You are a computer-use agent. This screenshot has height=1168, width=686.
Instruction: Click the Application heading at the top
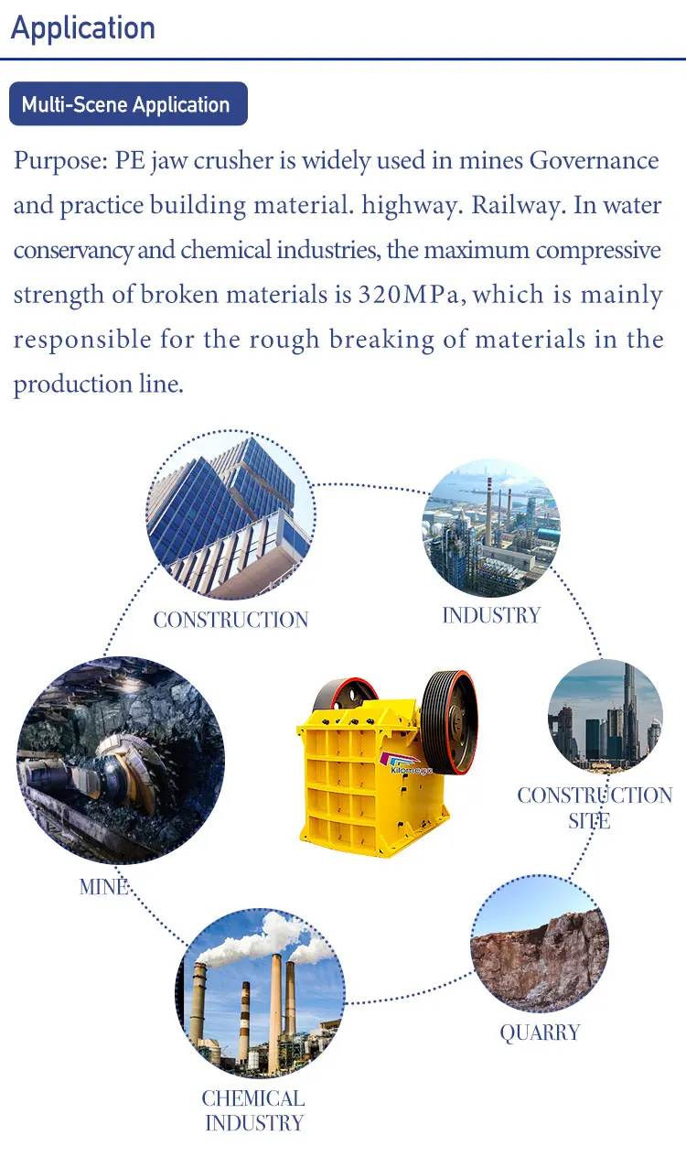83,28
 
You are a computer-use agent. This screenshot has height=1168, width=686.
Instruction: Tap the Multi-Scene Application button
128,103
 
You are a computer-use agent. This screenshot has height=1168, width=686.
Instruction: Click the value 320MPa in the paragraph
408,295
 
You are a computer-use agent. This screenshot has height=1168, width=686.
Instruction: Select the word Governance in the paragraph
595,160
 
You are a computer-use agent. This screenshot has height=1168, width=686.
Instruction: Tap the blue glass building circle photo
230,514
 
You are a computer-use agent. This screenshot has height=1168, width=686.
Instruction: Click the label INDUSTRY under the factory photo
491,616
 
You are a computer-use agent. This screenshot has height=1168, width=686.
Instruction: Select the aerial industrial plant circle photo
491,527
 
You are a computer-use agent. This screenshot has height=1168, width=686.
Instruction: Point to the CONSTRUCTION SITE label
595,808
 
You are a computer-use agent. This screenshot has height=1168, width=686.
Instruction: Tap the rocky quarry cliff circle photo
540,944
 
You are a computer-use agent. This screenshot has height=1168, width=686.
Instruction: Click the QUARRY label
540,1033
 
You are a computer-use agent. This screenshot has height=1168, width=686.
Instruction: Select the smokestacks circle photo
261,993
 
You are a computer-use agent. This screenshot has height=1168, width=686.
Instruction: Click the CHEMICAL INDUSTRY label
253,1110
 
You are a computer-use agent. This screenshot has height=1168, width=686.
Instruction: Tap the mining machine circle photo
121,761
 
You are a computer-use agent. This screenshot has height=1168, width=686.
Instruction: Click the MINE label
103,887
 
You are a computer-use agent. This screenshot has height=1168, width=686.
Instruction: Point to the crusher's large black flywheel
449,722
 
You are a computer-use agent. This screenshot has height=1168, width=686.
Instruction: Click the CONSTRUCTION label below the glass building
230,620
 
